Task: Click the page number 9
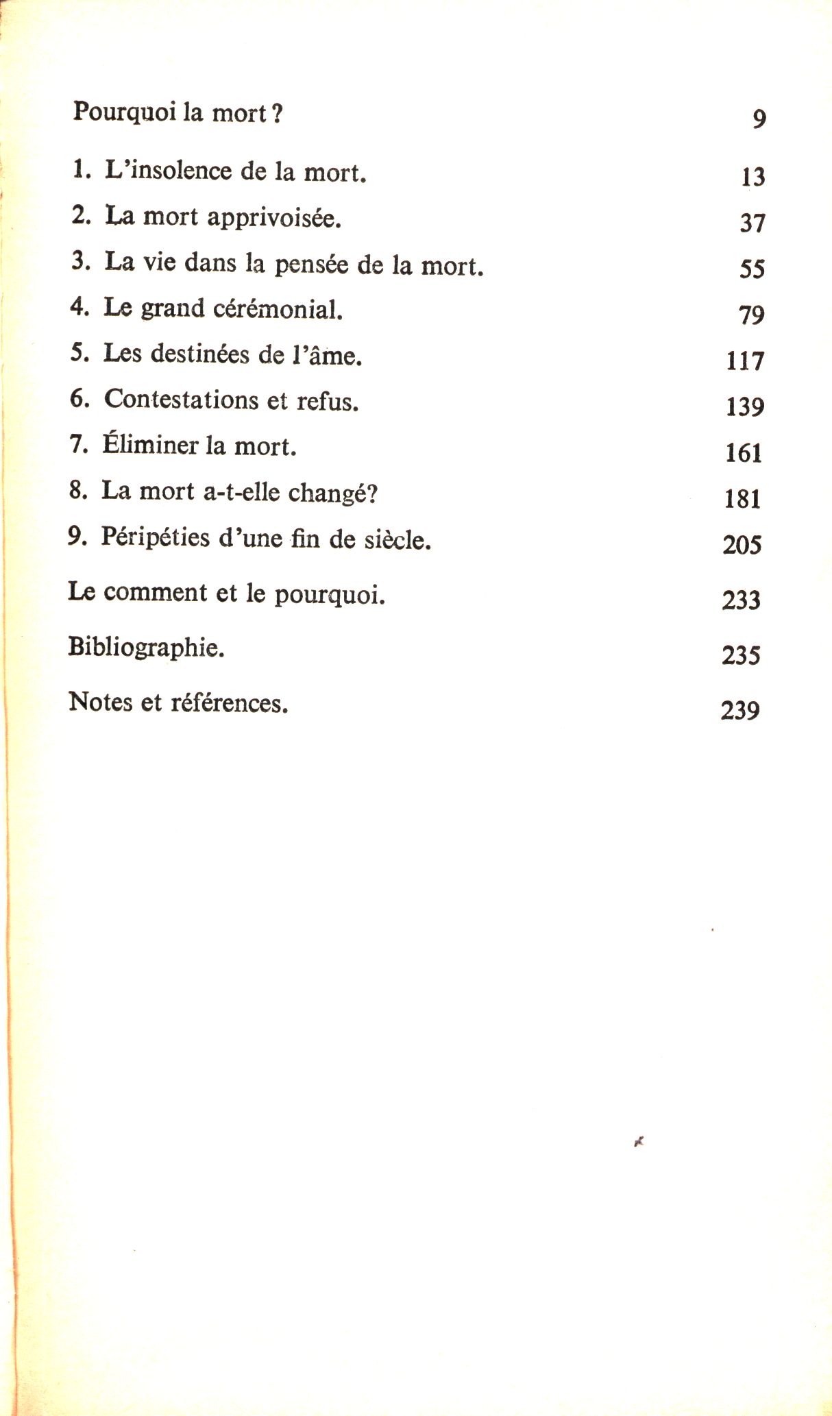[759, 119]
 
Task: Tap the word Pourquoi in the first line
[125, 112]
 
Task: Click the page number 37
[752, 223]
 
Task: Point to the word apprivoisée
[273, 218]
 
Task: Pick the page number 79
[751, 315]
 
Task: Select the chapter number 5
[79, 354]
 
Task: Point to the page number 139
[744, 407]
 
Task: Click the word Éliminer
[150, 445]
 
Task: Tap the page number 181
[742, 498]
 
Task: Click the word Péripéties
[155, 538]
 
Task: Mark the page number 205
[742, 545]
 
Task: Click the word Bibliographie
[146, 647]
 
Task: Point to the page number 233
[741, 600]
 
